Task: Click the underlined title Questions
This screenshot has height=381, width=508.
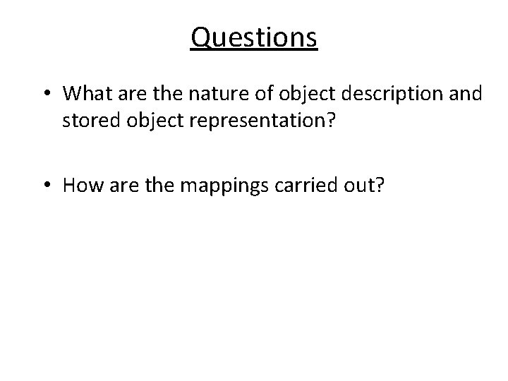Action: (254, 37)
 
